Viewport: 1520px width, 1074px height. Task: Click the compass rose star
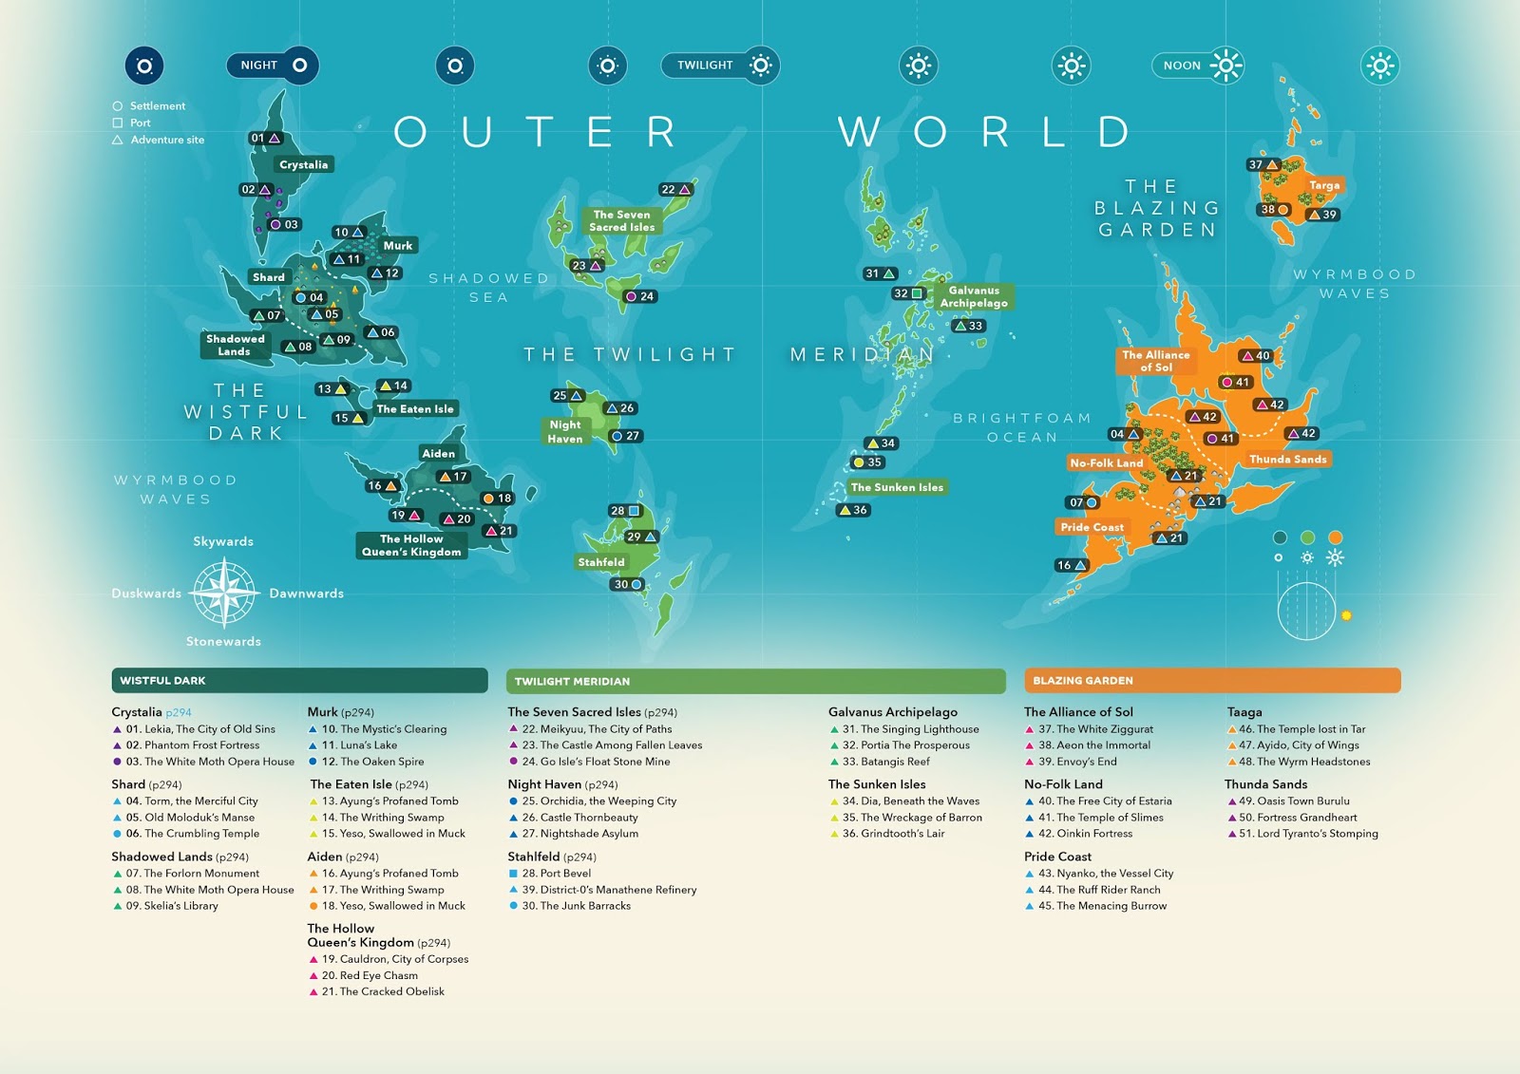click(x=224, y=593)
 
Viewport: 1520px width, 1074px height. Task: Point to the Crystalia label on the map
click(x=303, y=165)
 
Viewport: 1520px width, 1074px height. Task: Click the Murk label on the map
click(x=398, y=246)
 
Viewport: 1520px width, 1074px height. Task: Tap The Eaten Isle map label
click(x=415, y=409)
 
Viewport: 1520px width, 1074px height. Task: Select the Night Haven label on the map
click(x=565, y=432)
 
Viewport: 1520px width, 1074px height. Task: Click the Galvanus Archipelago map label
click(x=974, y=297)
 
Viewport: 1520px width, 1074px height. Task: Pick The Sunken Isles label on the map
click(x=897, y=487)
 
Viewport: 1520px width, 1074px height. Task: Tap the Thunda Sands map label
click(x=1287, y=460)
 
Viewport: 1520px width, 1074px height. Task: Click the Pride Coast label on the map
click(x=1092, y=527)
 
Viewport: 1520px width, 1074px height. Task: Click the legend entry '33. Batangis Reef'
click(x=885, y=762)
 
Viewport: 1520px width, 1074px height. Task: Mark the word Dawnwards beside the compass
click(x=306, y=594)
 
